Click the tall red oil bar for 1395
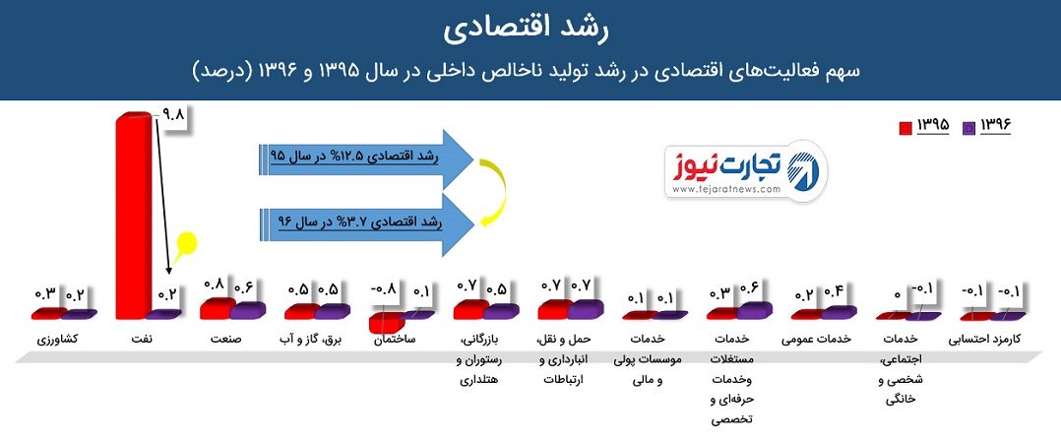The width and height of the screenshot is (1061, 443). (133, 217)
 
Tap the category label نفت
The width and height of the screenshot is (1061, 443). (143, 339)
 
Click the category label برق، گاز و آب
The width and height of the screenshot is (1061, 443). (312, 339)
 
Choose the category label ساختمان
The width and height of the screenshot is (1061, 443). (396, 339)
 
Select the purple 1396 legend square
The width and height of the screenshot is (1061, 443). (968, 126)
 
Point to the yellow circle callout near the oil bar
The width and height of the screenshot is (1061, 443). (185, 243)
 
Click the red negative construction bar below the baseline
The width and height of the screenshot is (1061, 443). (384, 323)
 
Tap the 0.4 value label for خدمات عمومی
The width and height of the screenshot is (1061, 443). (832, 292)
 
